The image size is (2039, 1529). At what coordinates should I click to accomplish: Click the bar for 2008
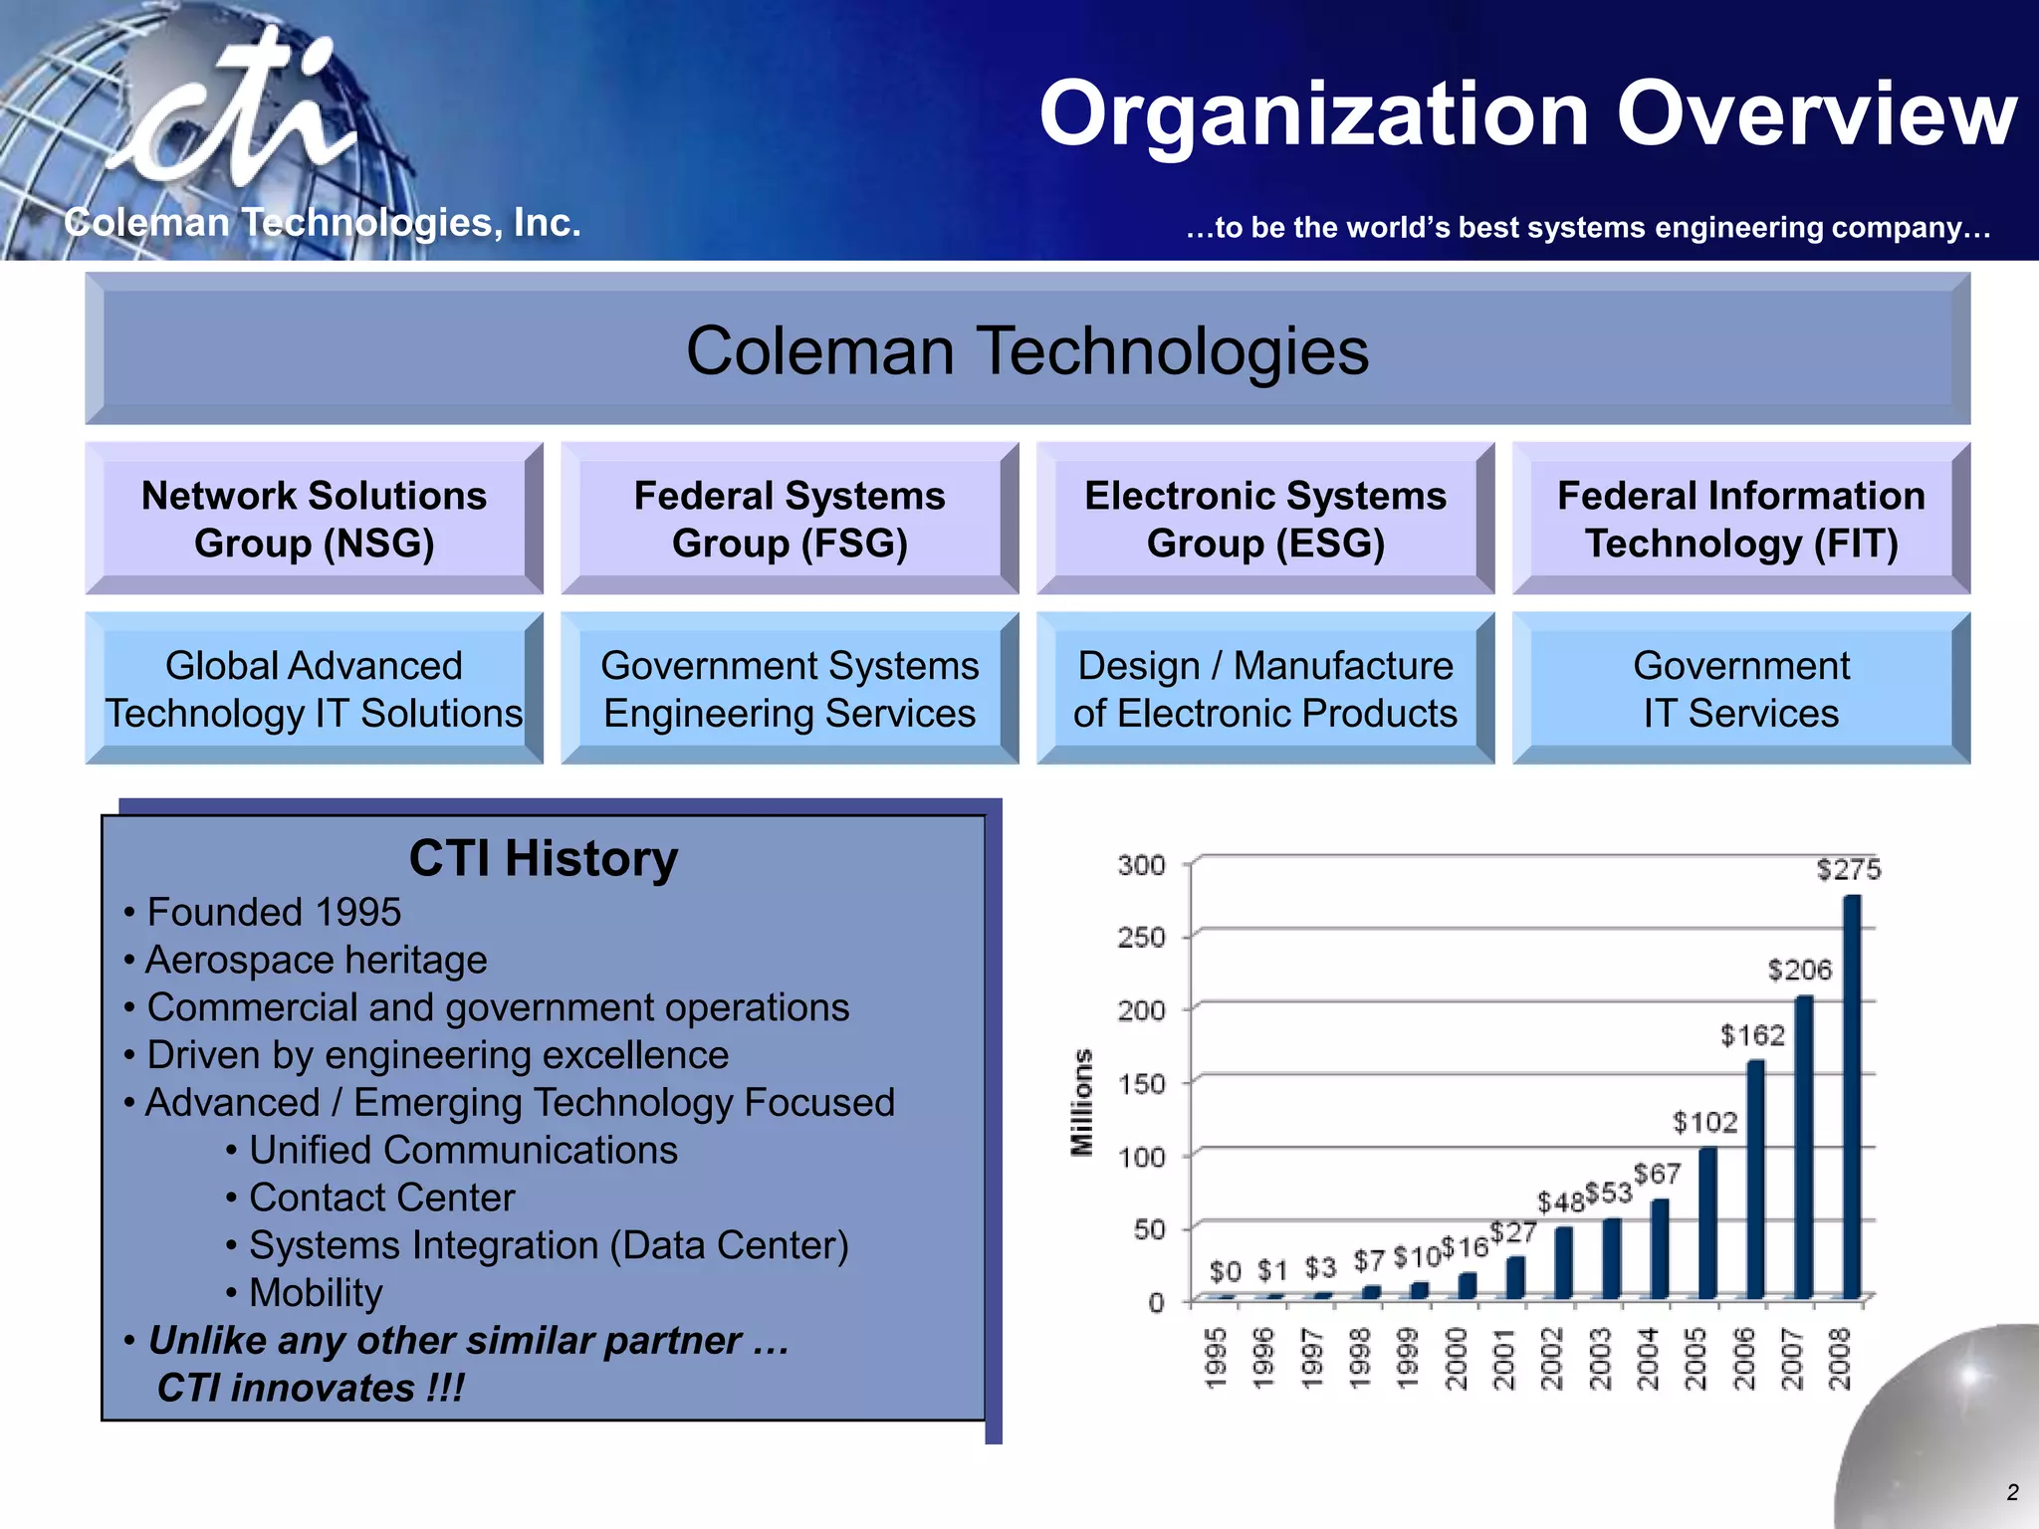1852,1095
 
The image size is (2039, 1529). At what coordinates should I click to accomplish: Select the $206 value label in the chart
1799,970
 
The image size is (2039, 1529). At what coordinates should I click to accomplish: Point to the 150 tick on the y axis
1141,1083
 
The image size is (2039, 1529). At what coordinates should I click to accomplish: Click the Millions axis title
1081,1103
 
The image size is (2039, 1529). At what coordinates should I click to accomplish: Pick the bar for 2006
1756,1179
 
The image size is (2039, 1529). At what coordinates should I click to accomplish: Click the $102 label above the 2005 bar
1704,1123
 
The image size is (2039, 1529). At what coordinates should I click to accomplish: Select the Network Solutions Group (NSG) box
314,519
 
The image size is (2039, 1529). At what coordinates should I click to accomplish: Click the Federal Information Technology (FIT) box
1740,519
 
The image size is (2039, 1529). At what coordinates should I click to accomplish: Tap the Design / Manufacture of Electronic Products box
1264,689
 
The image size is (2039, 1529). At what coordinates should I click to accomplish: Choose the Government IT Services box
1740,689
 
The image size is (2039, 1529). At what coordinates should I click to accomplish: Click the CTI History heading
544,858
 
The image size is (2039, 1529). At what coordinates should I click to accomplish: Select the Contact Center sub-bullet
381,1198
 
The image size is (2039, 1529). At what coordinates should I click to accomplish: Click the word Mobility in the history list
316,1292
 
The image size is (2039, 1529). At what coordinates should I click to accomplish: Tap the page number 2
2012,1492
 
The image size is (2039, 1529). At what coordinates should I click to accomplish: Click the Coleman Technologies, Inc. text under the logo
322,223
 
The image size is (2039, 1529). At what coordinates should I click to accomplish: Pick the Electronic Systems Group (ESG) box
1264,519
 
